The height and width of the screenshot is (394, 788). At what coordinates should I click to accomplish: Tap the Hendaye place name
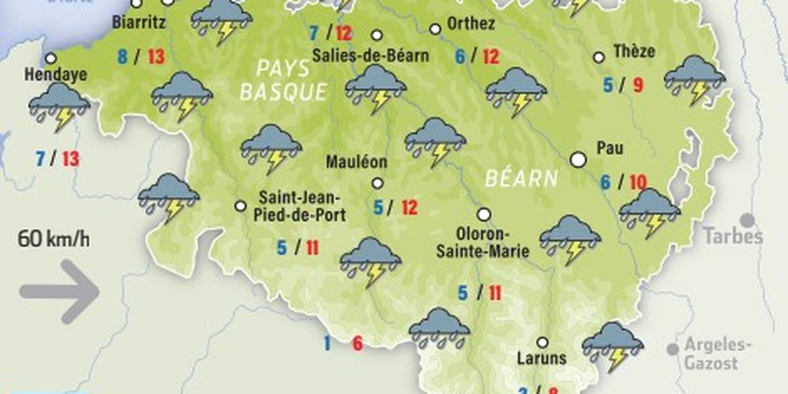(x=56, y=75)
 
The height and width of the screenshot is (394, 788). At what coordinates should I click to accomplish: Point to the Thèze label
(x=634, y=51)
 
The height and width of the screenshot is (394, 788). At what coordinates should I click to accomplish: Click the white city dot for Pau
(x=578, y=160)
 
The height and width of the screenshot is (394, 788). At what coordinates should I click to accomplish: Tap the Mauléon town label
(x=358, y=162)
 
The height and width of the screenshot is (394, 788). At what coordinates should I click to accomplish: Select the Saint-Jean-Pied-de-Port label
(x=300, y=206)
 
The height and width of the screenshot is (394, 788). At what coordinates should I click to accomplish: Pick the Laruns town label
(x=541, y=359)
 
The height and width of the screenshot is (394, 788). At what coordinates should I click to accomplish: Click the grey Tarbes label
(x=733, y=236)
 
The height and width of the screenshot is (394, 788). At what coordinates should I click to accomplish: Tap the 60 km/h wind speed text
(x=54, y=238)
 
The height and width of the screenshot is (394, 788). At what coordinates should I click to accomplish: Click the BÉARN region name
(x=522, y=178)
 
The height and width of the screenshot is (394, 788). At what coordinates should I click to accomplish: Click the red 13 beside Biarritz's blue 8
(x=156, y=56)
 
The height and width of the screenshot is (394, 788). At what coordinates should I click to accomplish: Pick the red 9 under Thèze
(x=638, y=85)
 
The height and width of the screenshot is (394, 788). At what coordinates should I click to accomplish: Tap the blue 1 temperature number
(x=326, y=342)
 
